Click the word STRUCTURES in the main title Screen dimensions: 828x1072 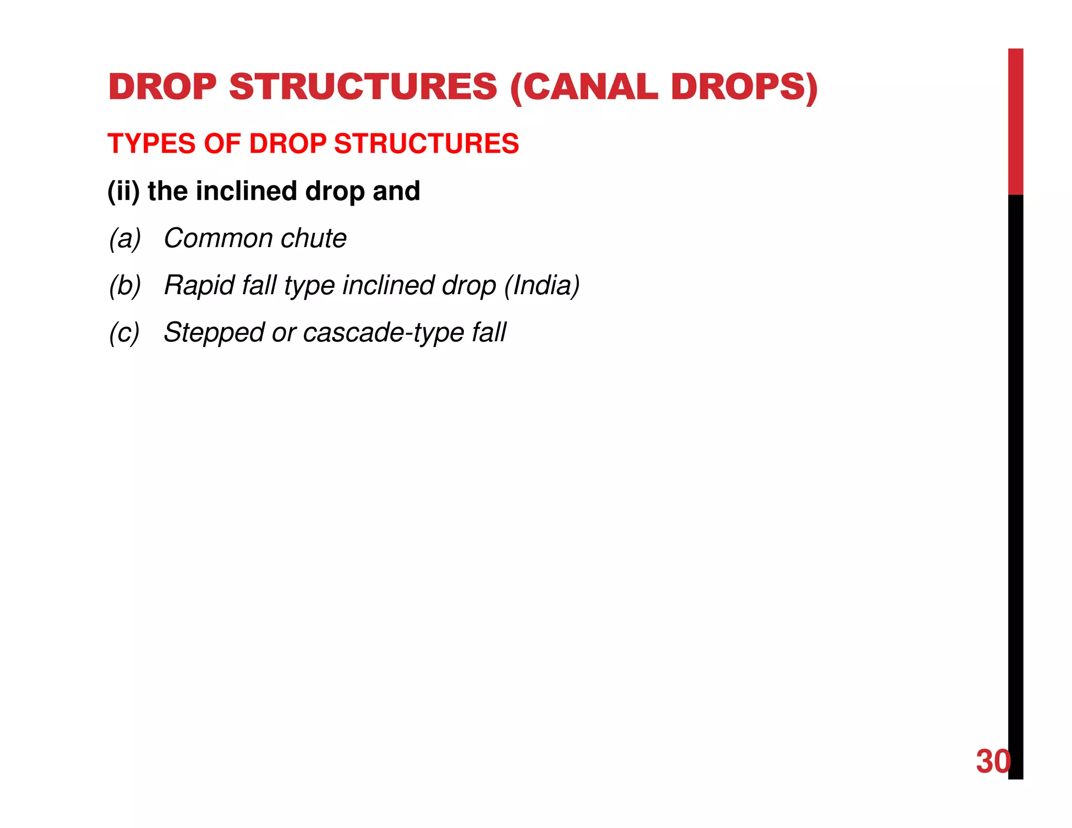point(363,87)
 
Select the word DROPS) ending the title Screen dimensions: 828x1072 point(744,87)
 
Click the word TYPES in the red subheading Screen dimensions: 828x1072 point(151,144)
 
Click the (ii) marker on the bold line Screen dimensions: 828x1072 point(124,191)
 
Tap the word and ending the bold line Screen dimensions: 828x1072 point(396,191)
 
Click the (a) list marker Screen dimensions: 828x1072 point(125,239)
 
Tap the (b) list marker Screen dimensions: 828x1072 point(125,286)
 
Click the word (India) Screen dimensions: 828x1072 point(542,286)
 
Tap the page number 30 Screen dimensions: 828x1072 point(992,762)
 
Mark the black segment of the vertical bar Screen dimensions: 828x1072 point(1015,471)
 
